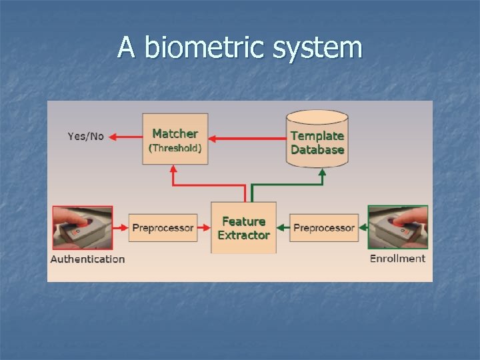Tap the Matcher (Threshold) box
pos(175,140)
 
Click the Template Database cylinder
pos(317,140)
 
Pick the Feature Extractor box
pos(243,228)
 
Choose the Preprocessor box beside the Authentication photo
pos(163,228)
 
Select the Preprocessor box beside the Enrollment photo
pos(324,228)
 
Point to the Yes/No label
pos(86,137)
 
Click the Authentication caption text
pos(87,259)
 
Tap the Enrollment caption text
pos(397,259)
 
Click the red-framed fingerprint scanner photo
pos(82,228)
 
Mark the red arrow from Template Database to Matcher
pos(247,138)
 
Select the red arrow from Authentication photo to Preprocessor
pos(120,228)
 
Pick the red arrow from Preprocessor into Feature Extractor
pos(203,228)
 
